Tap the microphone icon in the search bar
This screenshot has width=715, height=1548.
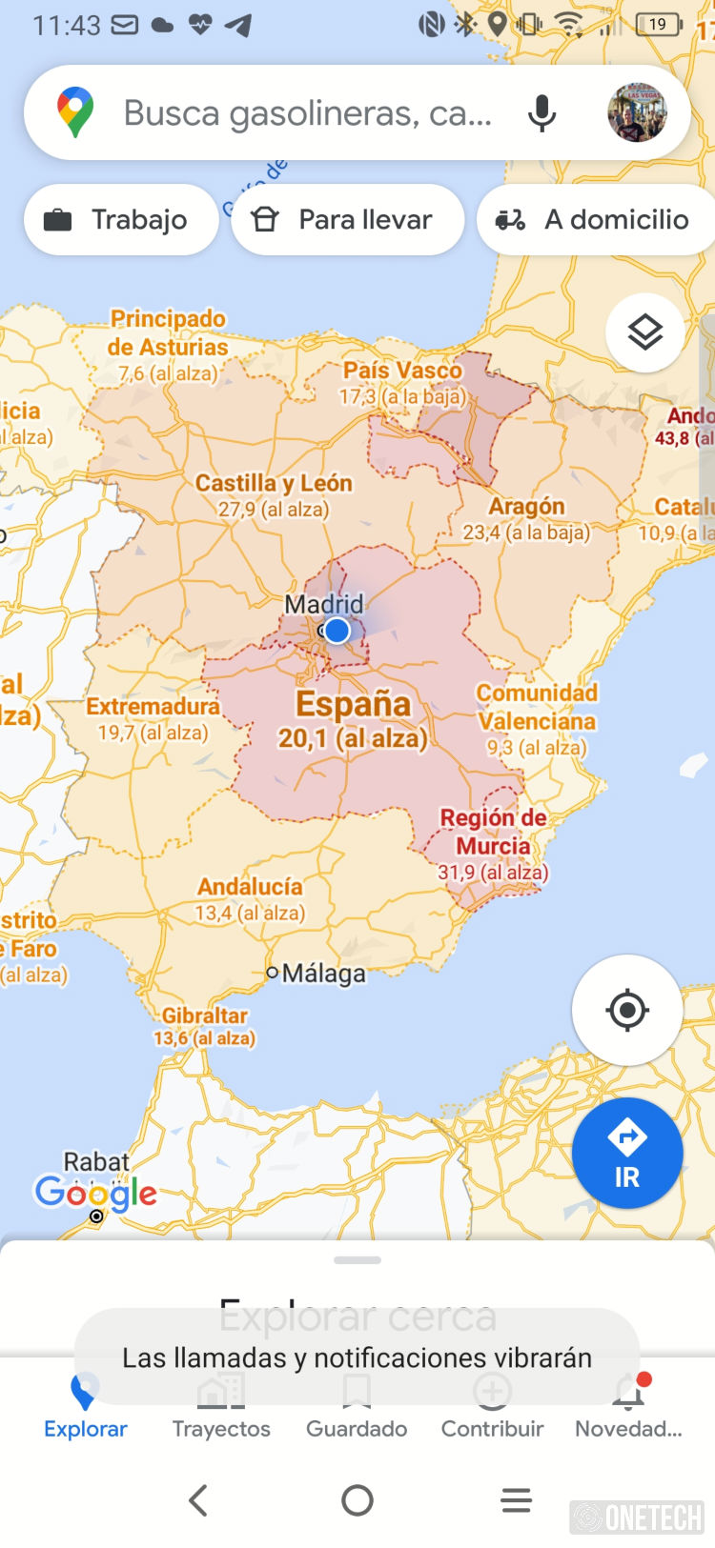click(x=541, y=113)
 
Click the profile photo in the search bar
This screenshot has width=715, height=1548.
click(x=637, y=112)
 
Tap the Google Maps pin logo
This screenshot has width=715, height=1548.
click(x=75, y=112)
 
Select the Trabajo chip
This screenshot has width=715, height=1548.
click(x=120, y=220)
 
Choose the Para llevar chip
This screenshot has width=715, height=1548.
click(x=347, y=220)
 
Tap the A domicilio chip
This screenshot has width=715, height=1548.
click(x=597, y=220)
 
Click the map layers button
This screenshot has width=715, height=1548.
click(x=644, y=332)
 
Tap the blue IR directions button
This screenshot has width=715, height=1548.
click(x=626, y=1153)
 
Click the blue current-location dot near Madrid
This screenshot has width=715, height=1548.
click(x=337, y=631)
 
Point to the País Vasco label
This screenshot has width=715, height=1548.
click(x=402, y=371)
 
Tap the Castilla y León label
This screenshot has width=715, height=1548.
click(x=274, y=484)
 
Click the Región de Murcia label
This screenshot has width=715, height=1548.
click(x=493, y=832)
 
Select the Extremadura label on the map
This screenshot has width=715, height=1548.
click(x=153, y=707)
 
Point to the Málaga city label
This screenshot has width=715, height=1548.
click(x=323, y=974)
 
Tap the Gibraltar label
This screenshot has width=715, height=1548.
click(x=204, y=1016)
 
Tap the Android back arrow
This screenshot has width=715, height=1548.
click(x=198, y=1500)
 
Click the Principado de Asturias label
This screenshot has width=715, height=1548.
click(x=169, y=332)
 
